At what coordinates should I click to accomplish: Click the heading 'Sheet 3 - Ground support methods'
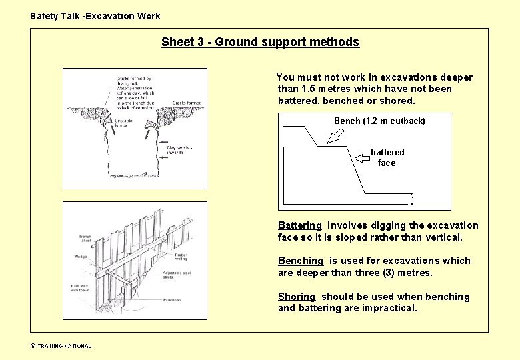[260, 42]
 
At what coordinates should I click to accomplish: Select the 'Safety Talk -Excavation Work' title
[95, 16]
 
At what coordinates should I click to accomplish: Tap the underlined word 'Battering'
[300, 225]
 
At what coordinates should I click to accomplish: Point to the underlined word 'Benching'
[301, 261]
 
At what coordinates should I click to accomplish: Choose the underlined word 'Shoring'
[297, 297]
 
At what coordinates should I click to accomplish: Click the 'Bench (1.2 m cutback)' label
[379, 121]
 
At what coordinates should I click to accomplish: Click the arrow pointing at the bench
[337, 135]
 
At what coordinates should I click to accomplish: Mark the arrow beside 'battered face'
[363, 157]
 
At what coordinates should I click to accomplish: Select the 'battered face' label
[387, 157]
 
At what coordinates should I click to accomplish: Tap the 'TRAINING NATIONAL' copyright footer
[61, 345]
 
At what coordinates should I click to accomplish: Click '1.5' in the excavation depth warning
[309, 89]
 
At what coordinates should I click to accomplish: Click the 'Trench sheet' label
[85, 239]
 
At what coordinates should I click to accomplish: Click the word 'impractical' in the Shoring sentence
[389, 308]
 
